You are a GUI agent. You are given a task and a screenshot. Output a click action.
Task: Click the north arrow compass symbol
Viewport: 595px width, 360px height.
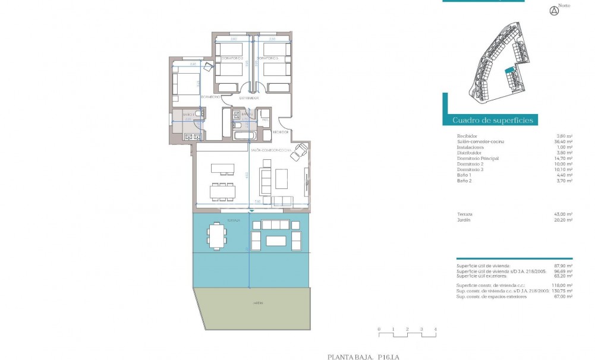[x=555, y=10]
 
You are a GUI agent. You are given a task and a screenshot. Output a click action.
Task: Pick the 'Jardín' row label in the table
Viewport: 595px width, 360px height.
[x=464, y=220]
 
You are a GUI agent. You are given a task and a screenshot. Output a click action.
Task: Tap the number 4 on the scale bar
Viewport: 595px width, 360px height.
[x=435, y=329]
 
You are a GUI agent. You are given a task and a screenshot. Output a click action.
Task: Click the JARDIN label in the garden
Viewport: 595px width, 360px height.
[x=257, y=303]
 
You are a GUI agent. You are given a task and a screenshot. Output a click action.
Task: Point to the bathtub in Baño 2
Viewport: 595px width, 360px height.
[x=244, y=135]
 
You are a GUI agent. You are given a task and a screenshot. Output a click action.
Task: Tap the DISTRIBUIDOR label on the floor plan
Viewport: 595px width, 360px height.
[x=249, y=97]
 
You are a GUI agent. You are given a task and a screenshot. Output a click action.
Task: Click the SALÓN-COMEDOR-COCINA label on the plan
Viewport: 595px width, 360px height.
[x=275, y=151]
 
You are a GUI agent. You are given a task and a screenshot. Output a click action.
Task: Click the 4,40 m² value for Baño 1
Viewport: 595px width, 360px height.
[x=565, y=175]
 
